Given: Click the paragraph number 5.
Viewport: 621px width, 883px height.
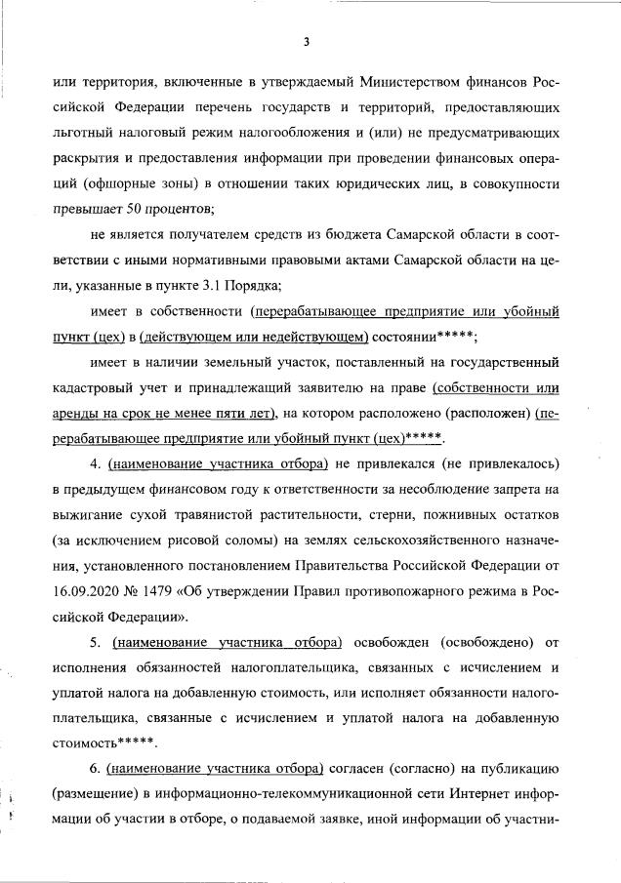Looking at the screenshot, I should tap(95, 642).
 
